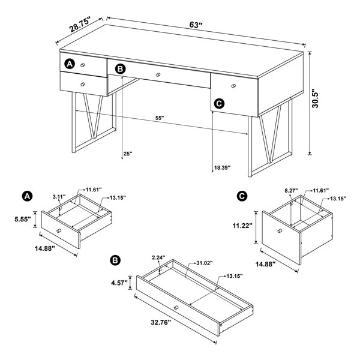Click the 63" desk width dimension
coord(196,25)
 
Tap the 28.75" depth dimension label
coord(80,24)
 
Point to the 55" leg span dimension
coord(160,118)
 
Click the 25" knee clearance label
coord(128,154)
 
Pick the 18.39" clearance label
coord(222,167)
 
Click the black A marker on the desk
coord(70,64)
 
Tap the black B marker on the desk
coord(121,69)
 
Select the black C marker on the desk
coord(219,104)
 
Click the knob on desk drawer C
coord(234,86)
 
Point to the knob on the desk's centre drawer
coord(158,75)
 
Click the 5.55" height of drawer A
coord(23,219)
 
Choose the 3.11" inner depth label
coord(59,197)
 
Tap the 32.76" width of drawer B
coord(161,322)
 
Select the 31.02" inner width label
coord(205,263)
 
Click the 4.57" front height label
coord(119,283)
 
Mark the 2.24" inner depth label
coord(158,257)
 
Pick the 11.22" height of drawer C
coord(242,226)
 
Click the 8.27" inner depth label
coord(291,190)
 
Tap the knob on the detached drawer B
coord(176,308)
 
